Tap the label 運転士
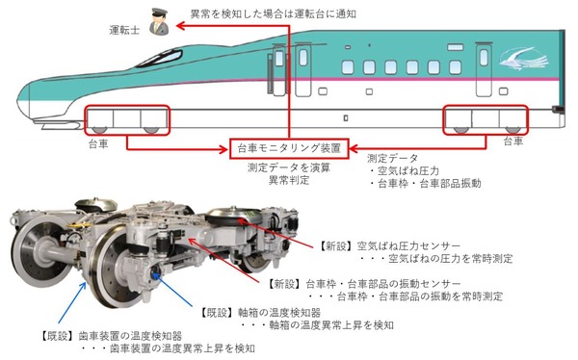coord(125,30)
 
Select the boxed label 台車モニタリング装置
coord(289,148)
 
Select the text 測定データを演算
coord(288,167)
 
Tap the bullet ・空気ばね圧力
coord(405,169)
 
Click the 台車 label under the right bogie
coord(513,141)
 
